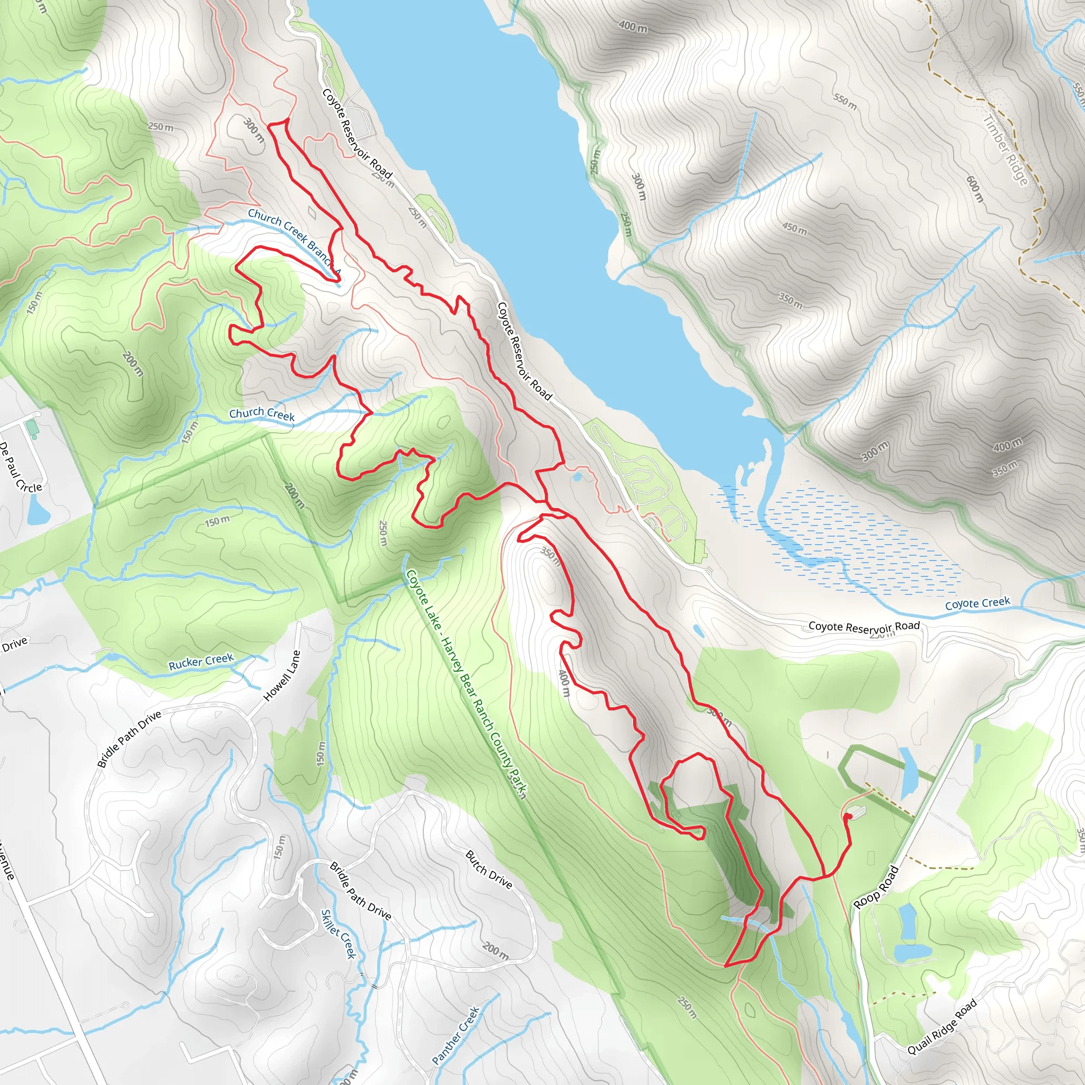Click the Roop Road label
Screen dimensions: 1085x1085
point(876,888)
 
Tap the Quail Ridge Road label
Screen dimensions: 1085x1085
point(942,1027)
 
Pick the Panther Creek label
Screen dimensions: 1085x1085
point(456,1035)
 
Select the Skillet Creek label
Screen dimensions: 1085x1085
point(338,934)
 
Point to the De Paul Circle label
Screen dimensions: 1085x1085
point(20,467)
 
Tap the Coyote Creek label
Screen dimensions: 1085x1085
point(977,604)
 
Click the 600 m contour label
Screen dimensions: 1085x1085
point(975,189)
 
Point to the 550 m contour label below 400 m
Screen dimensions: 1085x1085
point(844,102)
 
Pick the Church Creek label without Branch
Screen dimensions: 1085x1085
point(262,414)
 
